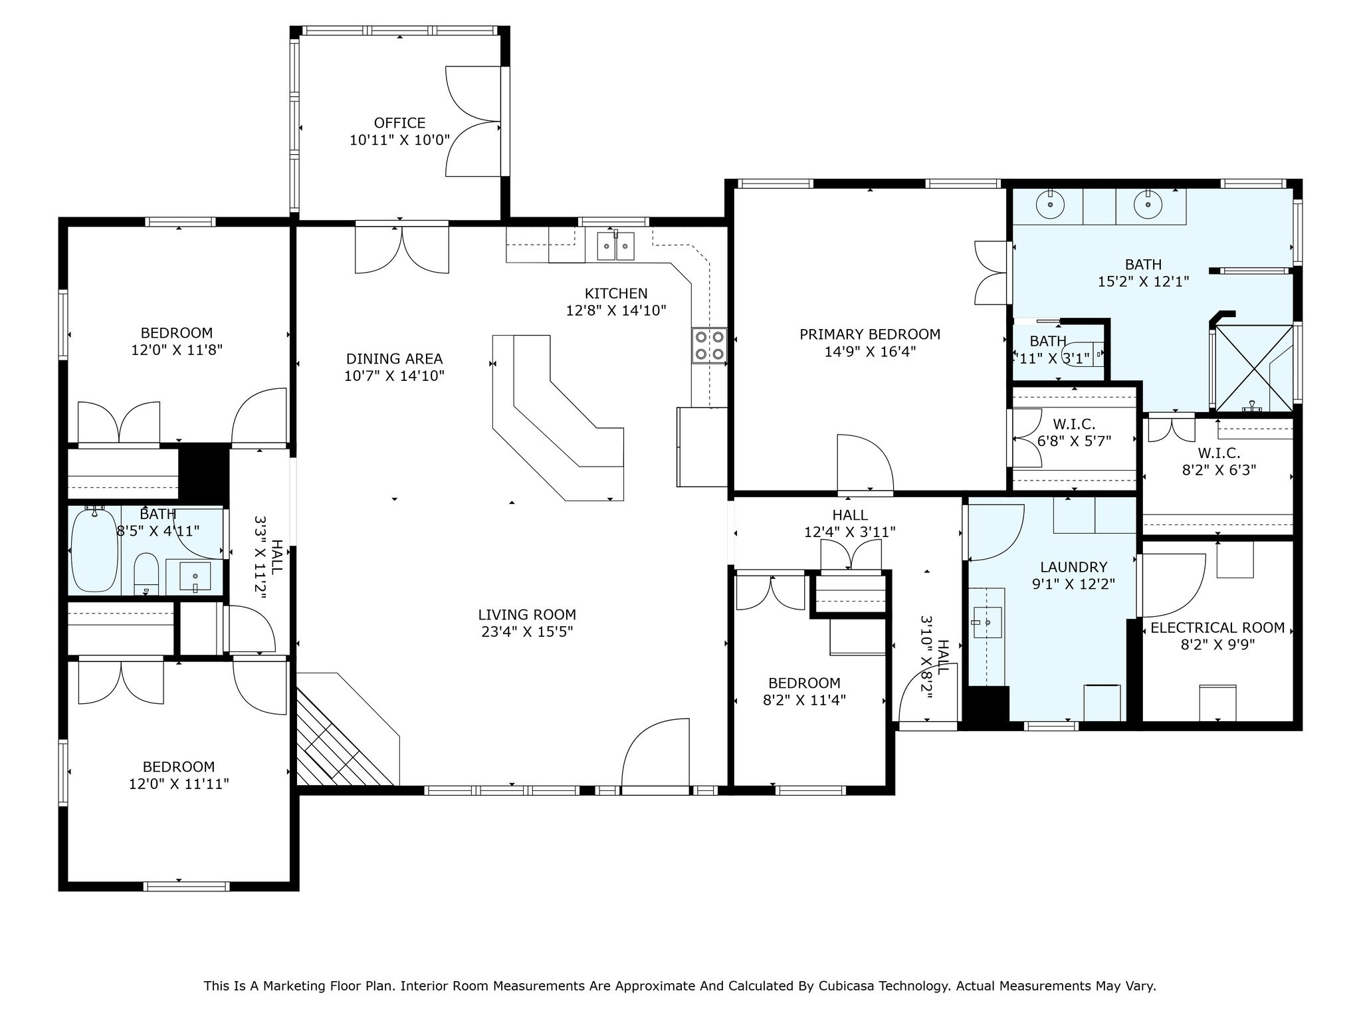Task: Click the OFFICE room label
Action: point(399,123)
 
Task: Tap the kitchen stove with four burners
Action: point(708,346)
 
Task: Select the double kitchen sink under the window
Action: point(616,246)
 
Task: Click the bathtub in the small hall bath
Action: point(95,550)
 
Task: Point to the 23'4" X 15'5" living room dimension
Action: point(527,631)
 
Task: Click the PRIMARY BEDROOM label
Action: point(870,334)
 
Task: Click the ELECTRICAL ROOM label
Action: point(1217,627)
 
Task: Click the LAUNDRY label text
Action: point(1073,567)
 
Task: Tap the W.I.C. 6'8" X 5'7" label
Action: point(1074,432)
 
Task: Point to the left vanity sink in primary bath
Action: point(1049,205)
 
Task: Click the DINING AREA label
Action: point(394,359)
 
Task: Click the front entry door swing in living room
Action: point(655,754)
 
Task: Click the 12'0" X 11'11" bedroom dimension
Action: point(179,784)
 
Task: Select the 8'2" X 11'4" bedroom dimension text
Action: point(804,700)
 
